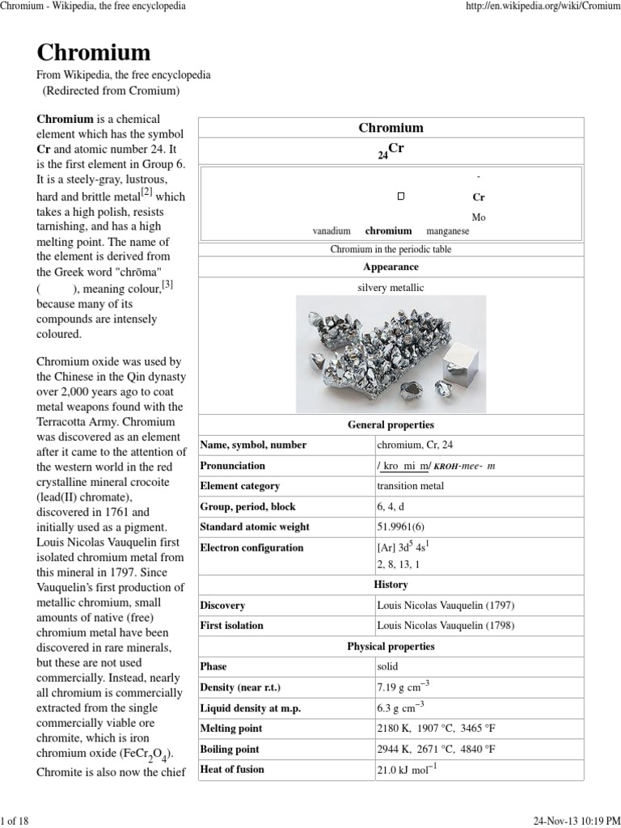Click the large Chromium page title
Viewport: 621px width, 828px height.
pyautogui.click(x=94, y=53)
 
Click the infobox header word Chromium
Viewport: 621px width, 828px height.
pyautogui.click(x=391, y=128)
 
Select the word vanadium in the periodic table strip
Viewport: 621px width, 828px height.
pyautogui.click(x=332, y=231)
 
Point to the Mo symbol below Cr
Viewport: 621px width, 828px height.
pyautogui.click(x=479, y=218)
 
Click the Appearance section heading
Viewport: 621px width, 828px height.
pyautogui.click(x=391, y=267)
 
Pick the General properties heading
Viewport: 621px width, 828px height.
pyautogui.click(x=391, y=425)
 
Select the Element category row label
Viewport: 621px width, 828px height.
pyautogui.click(x=240, y=486)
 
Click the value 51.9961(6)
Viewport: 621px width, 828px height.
pyautogui.click(x=401, y=527)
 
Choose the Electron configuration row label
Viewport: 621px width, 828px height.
pyautogui.click(x=252, y=547)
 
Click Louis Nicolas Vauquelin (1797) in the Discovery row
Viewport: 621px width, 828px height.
pyautogui.click(x=446, y=606)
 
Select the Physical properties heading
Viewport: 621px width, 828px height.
pyautogui.click(x=391, y=647)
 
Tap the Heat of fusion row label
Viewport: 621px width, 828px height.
pyautogui.click(x=232, y=770)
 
